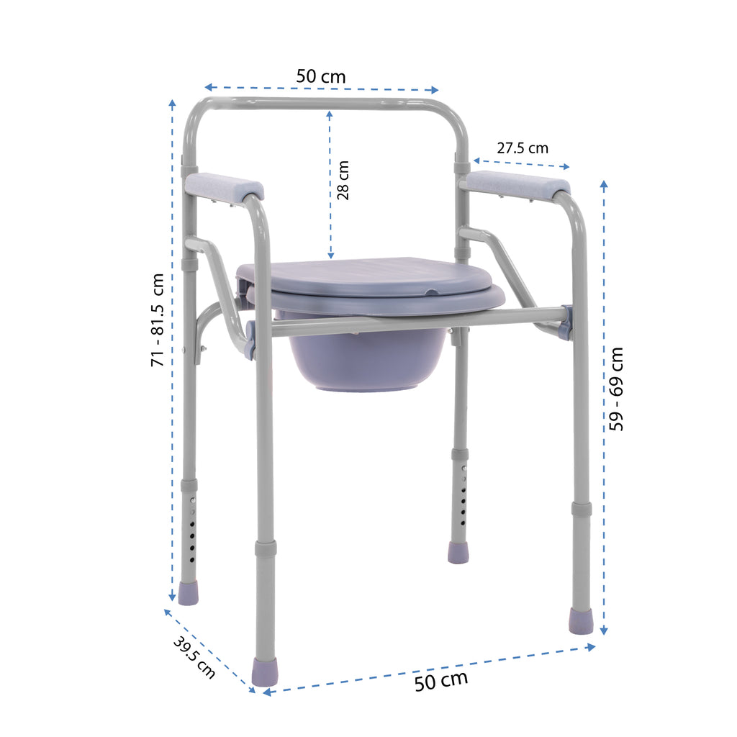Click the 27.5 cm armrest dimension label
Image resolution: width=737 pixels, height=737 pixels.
522,148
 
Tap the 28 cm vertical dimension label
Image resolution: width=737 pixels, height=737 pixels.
343,180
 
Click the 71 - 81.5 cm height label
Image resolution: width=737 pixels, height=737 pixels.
158,320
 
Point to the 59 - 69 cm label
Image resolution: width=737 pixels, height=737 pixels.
616,389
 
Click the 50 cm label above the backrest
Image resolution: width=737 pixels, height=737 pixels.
321,76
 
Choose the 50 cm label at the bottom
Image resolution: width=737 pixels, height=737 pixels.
440,679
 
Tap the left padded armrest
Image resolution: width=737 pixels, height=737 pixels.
224,186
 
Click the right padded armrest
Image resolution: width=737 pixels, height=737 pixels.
517,184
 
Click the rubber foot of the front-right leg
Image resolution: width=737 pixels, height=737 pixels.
581,620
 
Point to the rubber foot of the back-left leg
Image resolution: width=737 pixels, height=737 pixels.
188,593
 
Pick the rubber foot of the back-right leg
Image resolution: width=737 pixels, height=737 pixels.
458,552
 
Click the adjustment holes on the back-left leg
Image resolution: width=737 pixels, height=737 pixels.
192,529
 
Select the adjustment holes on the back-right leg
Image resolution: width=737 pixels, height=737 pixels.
463,497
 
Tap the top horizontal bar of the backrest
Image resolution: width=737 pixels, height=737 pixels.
324,102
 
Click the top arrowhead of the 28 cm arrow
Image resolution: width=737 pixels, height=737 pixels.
330,114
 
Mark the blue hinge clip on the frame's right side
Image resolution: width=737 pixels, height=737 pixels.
566,322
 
